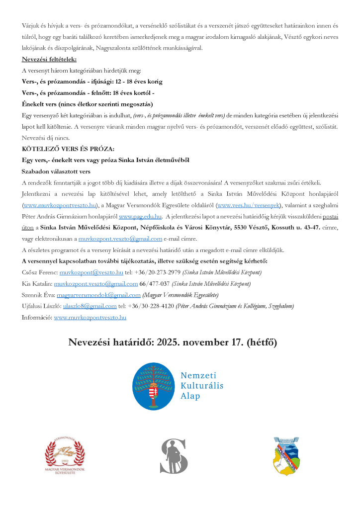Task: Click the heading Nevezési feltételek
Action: pyautogui.click(x=49, y=60)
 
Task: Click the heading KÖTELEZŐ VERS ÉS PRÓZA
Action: pyautogui.click(x=68, y=149)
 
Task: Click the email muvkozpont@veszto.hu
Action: pyautogui.click(x=91, y=273)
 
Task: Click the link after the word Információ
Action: pyautogui.click(x=90, y=317)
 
